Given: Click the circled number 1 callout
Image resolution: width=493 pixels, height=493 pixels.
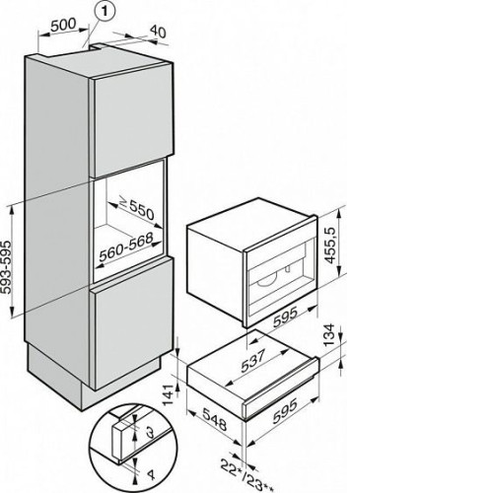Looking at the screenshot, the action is tap(105, 11).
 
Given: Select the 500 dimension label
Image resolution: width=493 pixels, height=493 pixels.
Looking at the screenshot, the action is tap(63, 25).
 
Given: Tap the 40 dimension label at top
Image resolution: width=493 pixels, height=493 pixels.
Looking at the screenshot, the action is tap(159, 32).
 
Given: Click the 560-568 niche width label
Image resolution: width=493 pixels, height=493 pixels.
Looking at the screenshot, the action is tap(126, 246).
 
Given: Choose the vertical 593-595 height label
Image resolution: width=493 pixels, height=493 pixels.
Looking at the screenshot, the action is tap(7, 267).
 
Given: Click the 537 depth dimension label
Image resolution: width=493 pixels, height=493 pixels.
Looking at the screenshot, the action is tap(253, 361).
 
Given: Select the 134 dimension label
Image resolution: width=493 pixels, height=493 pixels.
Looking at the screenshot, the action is tap(329, 335).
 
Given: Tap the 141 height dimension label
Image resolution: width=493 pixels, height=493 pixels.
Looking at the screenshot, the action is tap(170, 394).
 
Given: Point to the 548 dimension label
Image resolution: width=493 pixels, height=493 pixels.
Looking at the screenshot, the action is tap(215, 419).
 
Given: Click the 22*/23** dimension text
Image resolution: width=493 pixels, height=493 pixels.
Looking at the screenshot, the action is tap(246, 477).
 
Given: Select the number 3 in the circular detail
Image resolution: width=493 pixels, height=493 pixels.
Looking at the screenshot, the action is tap(150, 432).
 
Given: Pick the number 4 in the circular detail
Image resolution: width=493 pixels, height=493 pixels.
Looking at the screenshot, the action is tap(151, 475).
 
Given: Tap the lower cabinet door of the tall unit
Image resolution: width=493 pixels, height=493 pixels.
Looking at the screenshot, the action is tap(132, 322).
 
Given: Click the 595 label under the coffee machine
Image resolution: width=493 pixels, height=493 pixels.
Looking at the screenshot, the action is tap(285, 317).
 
